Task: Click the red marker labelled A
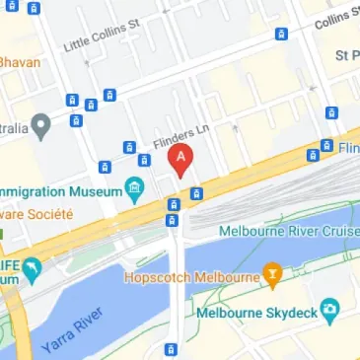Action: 180,159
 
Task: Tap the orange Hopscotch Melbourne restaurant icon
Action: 273,273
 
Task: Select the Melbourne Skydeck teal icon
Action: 327,310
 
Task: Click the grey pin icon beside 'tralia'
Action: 40,126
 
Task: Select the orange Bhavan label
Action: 20,62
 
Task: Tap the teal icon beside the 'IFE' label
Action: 31,266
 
